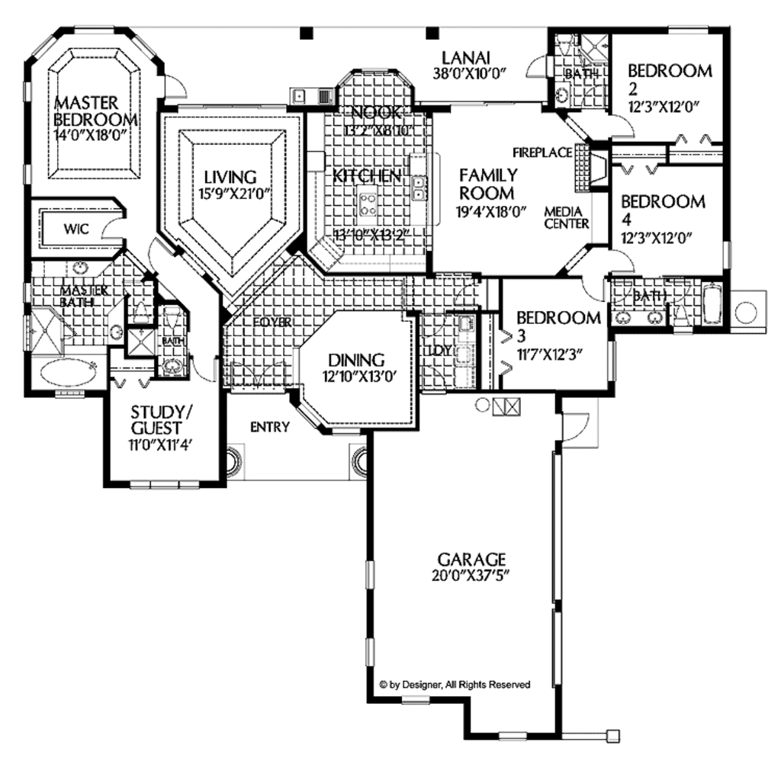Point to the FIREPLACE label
click(542, 152)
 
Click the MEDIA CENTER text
click(566, 217)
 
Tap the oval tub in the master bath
click(68, 372)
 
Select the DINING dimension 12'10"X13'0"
click(356, 375)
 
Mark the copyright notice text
click(455, 685)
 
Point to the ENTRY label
click(269, 427)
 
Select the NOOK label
click(374, 114)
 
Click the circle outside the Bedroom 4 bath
click(745, 311)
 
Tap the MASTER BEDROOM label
click(95, 111)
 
